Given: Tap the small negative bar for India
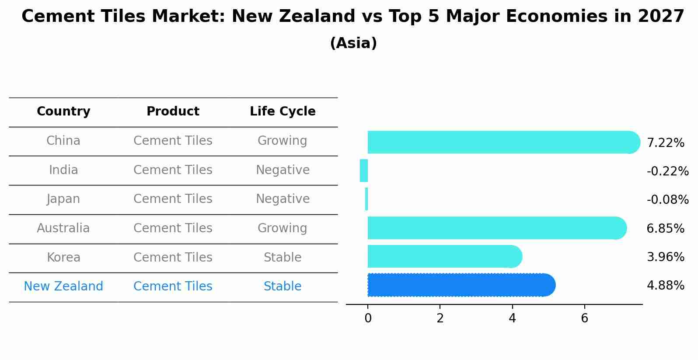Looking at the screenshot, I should click(364, 171).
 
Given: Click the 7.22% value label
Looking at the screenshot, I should click(665, 143).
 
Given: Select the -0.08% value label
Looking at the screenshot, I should click(667, 200).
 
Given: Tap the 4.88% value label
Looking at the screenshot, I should click(665, 286).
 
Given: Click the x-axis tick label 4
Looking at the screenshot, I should click(512, 318).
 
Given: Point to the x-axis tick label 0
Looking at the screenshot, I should click(368, 318).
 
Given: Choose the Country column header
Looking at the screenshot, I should click(63, 112).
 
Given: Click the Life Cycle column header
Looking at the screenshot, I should click(283, 112).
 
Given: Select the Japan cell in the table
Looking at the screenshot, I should click(63, 199).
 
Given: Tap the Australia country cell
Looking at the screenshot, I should click(63, 228).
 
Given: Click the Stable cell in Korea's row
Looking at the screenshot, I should click(283, 258).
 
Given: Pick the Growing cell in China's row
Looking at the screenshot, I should click(283, 141).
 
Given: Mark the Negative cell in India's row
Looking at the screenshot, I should click(283, 170).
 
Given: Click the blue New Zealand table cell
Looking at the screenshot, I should click(63, 287).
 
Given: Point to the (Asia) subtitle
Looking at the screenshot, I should click(353, 43).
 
